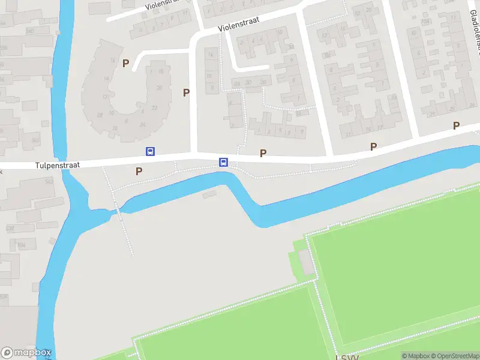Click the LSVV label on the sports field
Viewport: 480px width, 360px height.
tap(347, 357)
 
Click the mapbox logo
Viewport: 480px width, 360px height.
tap(26, 353)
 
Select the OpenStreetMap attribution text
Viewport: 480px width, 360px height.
tap(454, 356)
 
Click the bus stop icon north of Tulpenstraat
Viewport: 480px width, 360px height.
tap(150, 152)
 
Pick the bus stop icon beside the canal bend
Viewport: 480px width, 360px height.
tap(223, 162)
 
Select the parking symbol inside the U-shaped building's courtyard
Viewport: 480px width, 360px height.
tap(125, 63)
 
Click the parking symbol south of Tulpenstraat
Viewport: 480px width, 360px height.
tap(139, 171)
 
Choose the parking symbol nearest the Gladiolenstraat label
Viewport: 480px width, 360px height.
tap(456, 125)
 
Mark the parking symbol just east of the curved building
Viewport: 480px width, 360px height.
tap(186, 92)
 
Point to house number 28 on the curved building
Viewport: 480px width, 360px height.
tap(100, 115)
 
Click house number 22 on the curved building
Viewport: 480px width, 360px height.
tap(155, 108)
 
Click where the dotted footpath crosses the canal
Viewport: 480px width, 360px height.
tap(116, 210)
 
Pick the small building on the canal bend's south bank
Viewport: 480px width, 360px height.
tap(209, 194)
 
